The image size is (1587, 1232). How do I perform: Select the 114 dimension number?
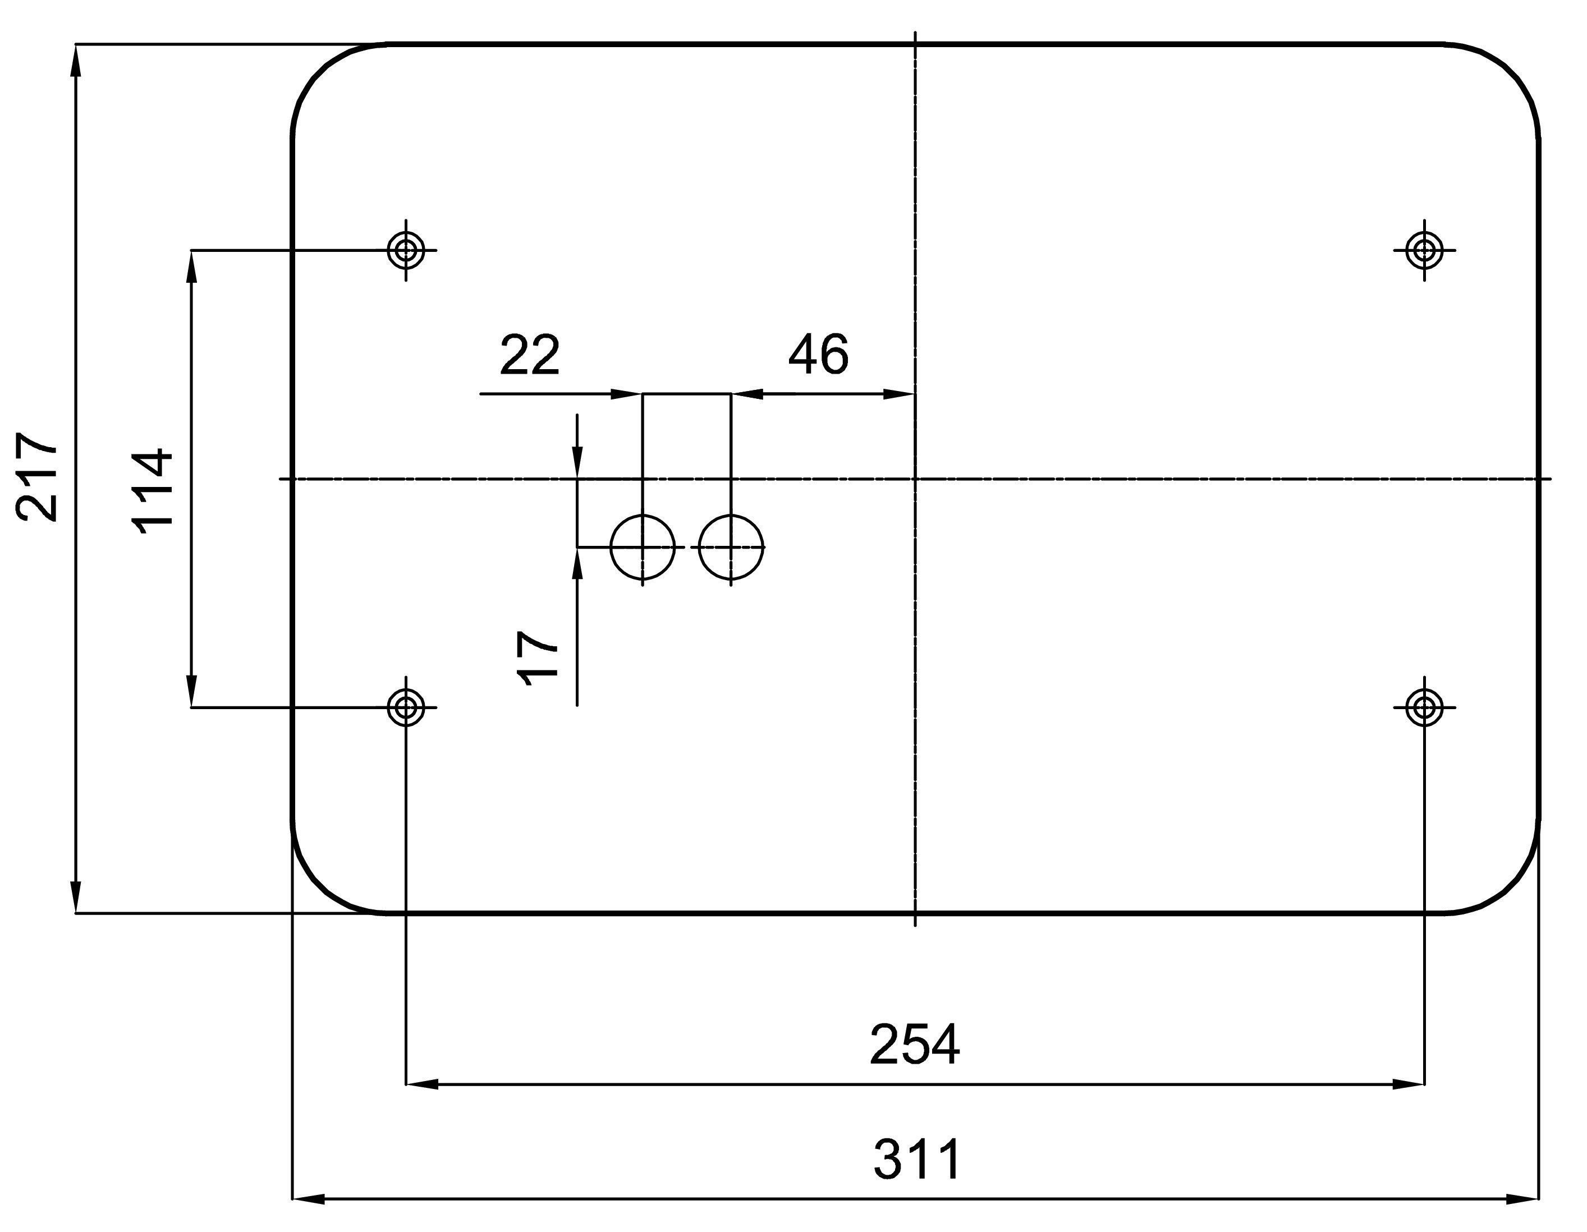[153, 492]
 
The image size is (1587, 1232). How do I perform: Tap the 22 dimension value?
[530, 356]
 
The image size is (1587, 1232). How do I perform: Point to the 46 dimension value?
[818, 355]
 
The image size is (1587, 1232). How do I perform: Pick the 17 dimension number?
[538, 658]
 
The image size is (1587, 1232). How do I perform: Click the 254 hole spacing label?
[914, 1045]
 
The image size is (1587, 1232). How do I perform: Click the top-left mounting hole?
[406, 250]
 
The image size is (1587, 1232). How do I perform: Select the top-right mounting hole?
[1424, 250]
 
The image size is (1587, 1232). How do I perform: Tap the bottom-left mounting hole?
[406, 707]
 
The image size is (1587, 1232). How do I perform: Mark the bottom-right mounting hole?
[1424, 707]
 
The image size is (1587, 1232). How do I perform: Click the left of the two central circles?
[643, 547]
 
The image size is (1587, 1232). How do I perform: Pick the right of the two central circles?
[731, 547]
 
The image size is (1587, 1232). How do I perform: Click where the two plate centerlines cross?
[915, 479]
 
